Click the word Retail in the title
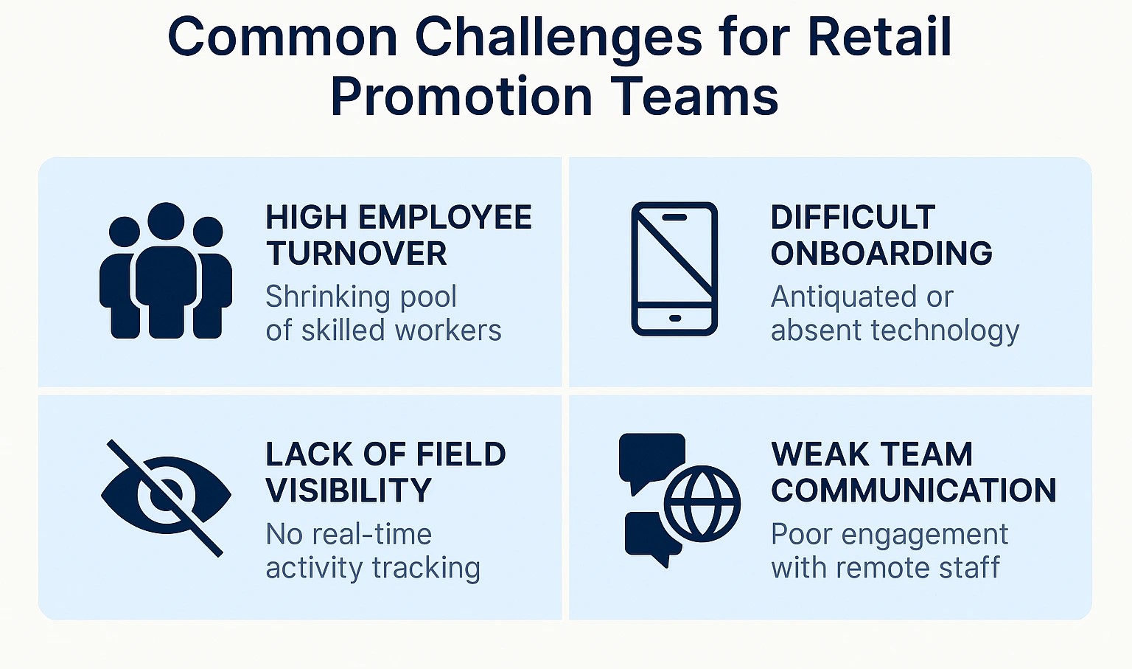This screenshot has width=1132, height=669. click(x=880, y=38)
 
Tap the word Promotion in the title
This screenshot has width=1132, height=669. click(x=461, y=97)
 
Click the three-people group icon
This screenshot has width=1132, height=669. click(x=166, y=271)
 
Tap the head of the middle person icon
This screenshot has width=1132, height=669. click(x=166, y=221)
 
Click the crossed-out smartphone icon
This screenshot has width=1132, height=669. click(x=674, y=268)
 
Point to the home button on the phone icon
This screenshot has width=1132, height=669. click(x=674, y=318)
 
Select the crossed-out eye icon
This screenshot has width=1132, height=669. click(x=166, y=498)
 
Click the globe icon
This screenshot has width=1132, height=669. click(x=702, y=504)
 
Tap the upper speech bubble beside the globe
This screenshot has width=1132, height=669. click(x=652, y=457)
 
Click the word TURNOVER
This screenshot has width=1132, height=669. click(x=356, y=253)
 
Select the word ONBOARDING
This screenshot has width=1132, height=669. click(x=881, y=253)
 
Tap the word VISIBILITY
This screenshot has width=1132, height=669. click(x=349, y=490)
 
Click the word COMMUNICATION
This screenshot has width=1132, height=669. click(x=914, y=490)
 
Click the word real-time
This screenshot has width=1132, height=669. click(x=372, y=534)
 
